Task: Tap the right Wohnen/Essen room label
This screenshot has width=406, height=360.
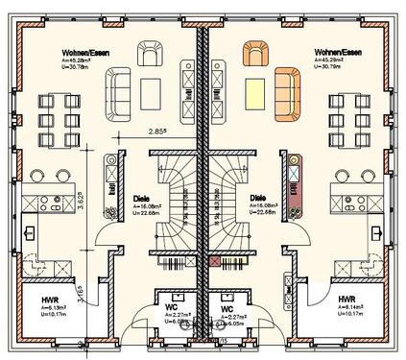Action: coord(335,53)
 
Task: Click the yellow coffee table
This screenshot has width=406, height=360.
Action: coord(253,91)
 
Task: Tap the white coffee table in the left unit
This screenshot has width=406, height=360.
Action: coord(152,91)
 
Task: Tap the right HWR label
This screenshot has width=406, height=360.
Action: coord(347,300)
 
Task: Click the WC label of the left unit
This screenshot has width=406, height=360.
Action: coord(171,307)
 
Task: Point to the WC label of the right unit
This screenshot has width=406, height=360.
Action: coord(227,307)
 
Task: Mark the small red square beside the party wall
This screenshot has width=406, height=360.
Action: coord(212,258)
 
